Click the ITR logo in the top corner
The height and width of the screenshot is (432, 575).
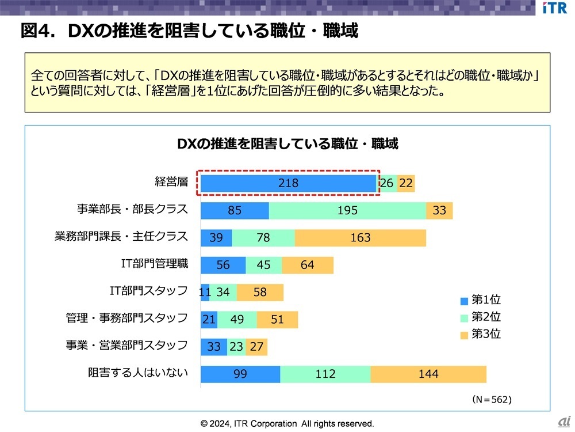(x=554, y=8)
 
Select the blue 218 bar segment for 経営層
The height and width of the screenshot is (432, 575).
(x=287, y=183)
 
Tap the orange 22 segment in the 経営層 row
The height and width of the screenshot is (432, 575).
(x=406, y=183)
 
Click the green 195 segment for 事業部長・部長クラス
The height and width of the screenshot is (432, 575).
(x=347, y=211)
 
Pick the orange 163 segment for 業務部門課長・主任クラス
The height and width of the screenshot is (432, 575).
(x=361, y=238)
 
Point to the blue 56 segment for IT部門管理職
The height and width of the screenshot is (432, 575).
(x=223, y=265)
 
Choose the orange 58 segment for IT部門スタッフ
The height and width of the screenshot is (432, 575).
(x=260, y=293)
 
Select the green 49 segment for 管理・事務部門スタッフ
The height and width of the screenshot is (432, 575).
(x=237, y=319)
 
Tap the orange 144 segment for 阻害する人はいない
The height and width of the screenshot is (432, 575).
(x=428, y=374)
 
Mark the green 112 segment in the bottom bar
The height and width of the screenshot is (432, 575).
(x=325, y=374)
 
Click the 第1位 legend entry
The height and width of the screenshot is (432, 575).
(x=481, y=300)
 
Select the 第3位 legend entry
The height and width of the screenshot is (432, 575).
(x=481, y=334)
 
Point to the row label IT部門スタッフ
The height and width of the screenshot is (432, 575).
(x=148, y=291)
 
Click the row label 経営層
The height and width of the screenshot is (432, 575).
(x=171, y=182)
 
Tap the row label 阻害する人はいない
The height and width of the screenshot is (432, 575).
(x=138, y=373)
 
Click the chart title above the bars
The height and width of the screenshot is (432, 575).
(x=287, y=144)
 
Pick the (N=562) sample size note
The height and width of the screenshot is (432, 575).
(x=492, y=399)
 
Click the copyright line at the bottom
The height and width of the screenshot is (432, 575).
(x=287, y=423)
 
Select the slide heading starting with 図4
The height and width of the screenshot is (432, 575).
(x=189, y=31)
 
